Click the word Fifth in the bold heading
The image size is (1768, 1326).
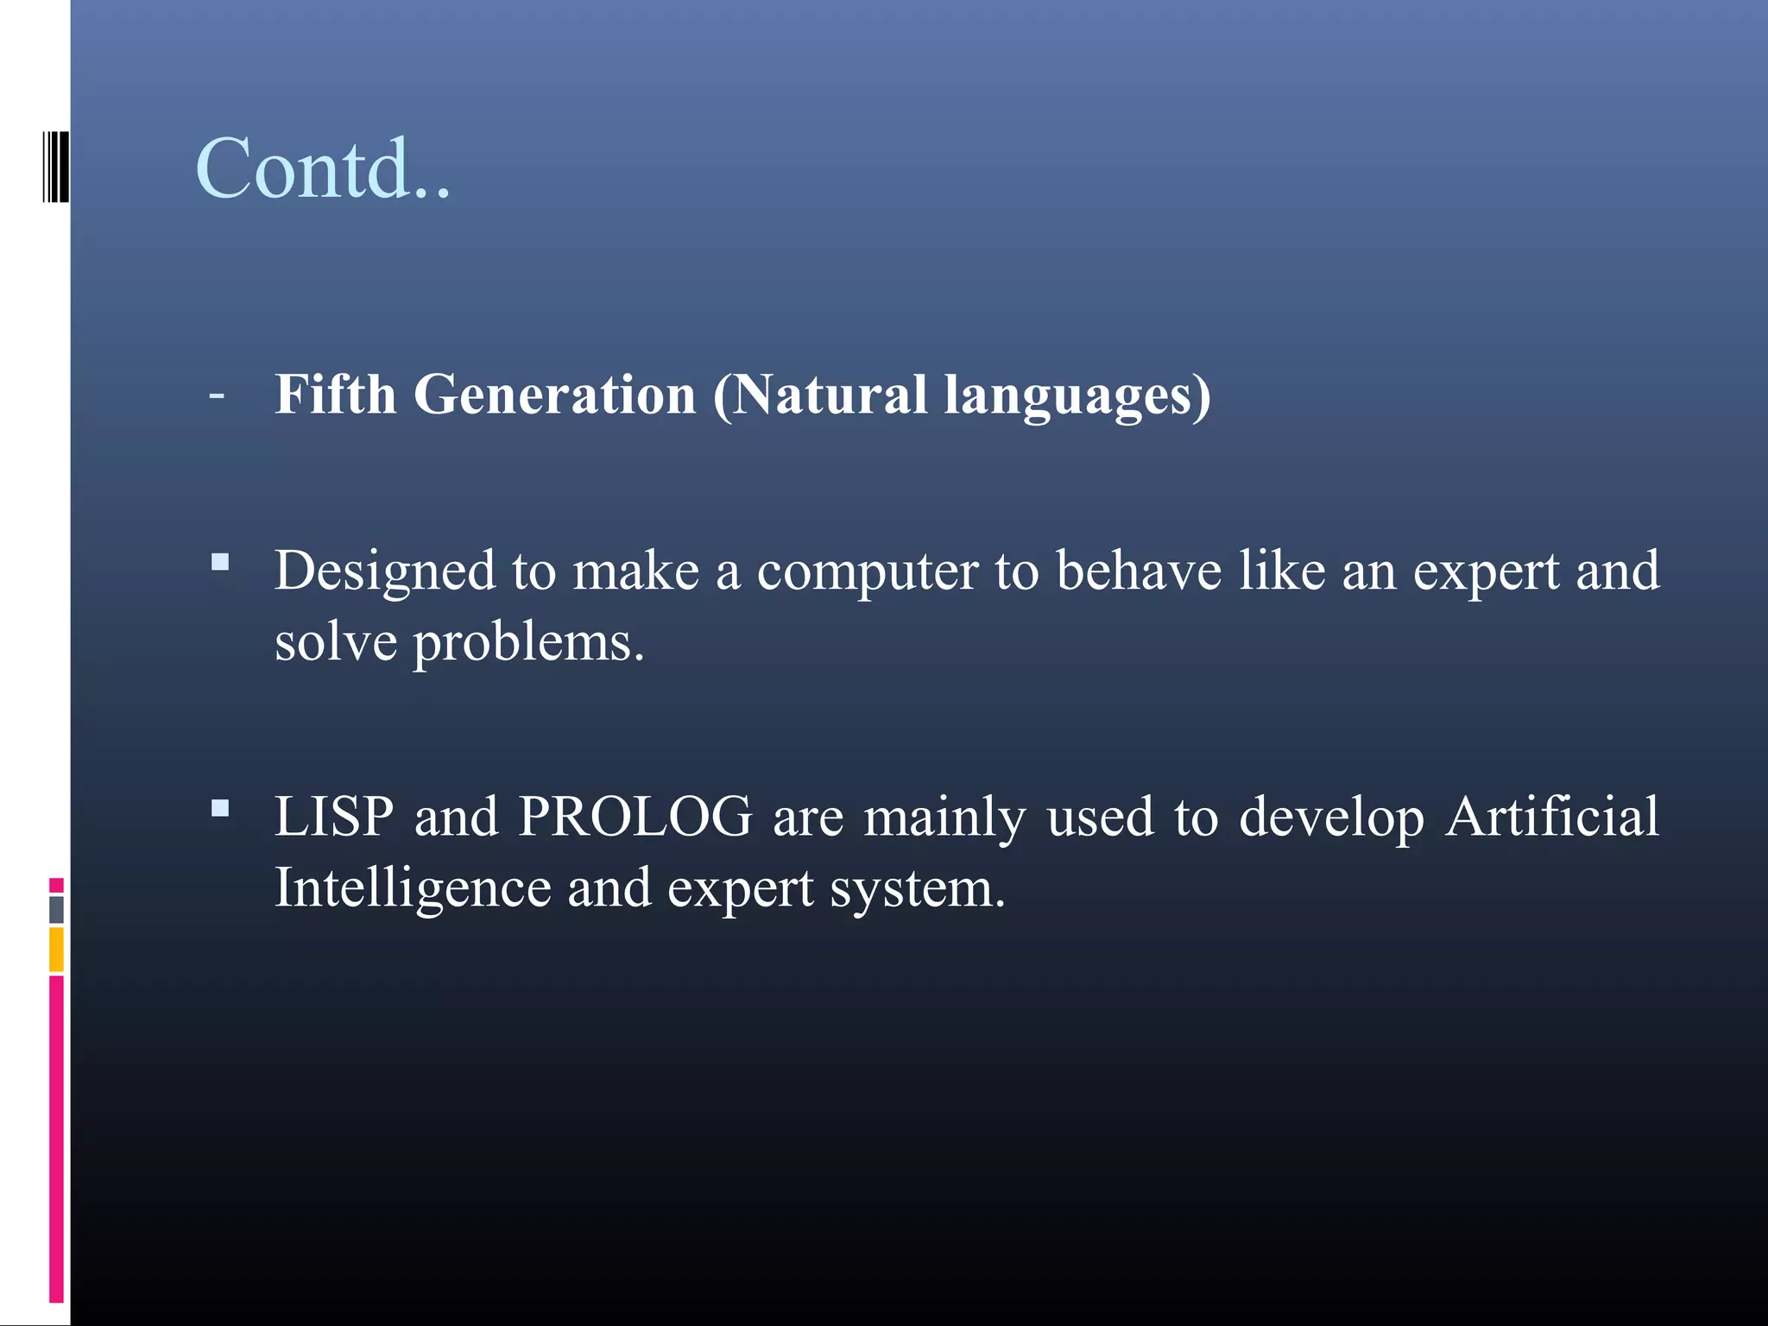(x=335, y=395)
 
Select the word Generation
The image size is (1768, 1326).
(x=554, y=395)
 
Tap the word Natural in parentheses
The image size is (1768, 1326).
(x=820, y=395)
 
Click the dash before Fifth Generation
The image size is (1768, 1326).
(x=217, y=395)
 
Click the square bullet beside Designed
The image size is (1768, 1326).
(x=220, y=563)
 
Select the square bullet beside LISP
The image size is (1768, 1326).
(x=220, y=809)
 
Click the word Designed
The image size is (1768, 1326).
(x=385, y=572)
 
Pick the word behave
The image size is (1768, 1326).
(x=1139, y=571)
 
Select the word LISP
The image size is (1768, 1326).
(x=334, y=816)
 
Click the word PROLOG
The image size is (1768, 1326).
(x=635, y=816)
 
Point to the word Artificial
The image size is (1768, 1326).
(x=1551, y=816)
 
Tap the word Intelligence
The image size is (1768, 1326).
(x=413, y=889)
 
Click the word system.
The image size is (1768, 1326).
(x=918, y=889)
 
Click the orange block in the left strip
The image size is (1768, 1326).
(x=56, y=949)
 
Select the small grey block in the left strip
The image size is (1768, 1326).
(x=56, y=909)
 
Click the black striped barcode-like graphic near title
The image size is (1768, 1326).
(x=55, y=167)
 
